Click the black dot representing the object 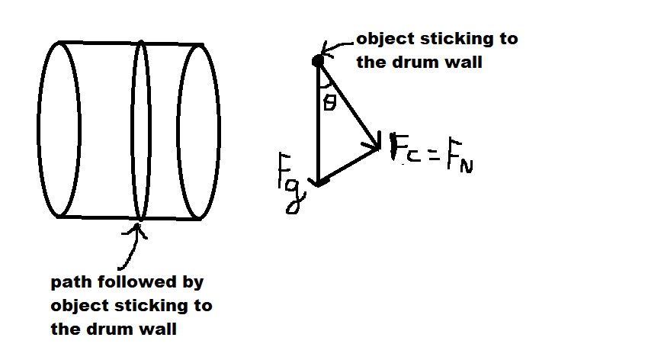318,62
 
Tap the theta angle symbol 329,102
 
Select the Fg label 291,183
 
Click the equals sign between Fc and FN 434,156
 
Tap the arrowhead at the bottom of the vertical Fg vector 318,182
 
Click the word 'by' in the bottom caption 193,282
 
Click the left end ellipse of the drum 38,130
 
